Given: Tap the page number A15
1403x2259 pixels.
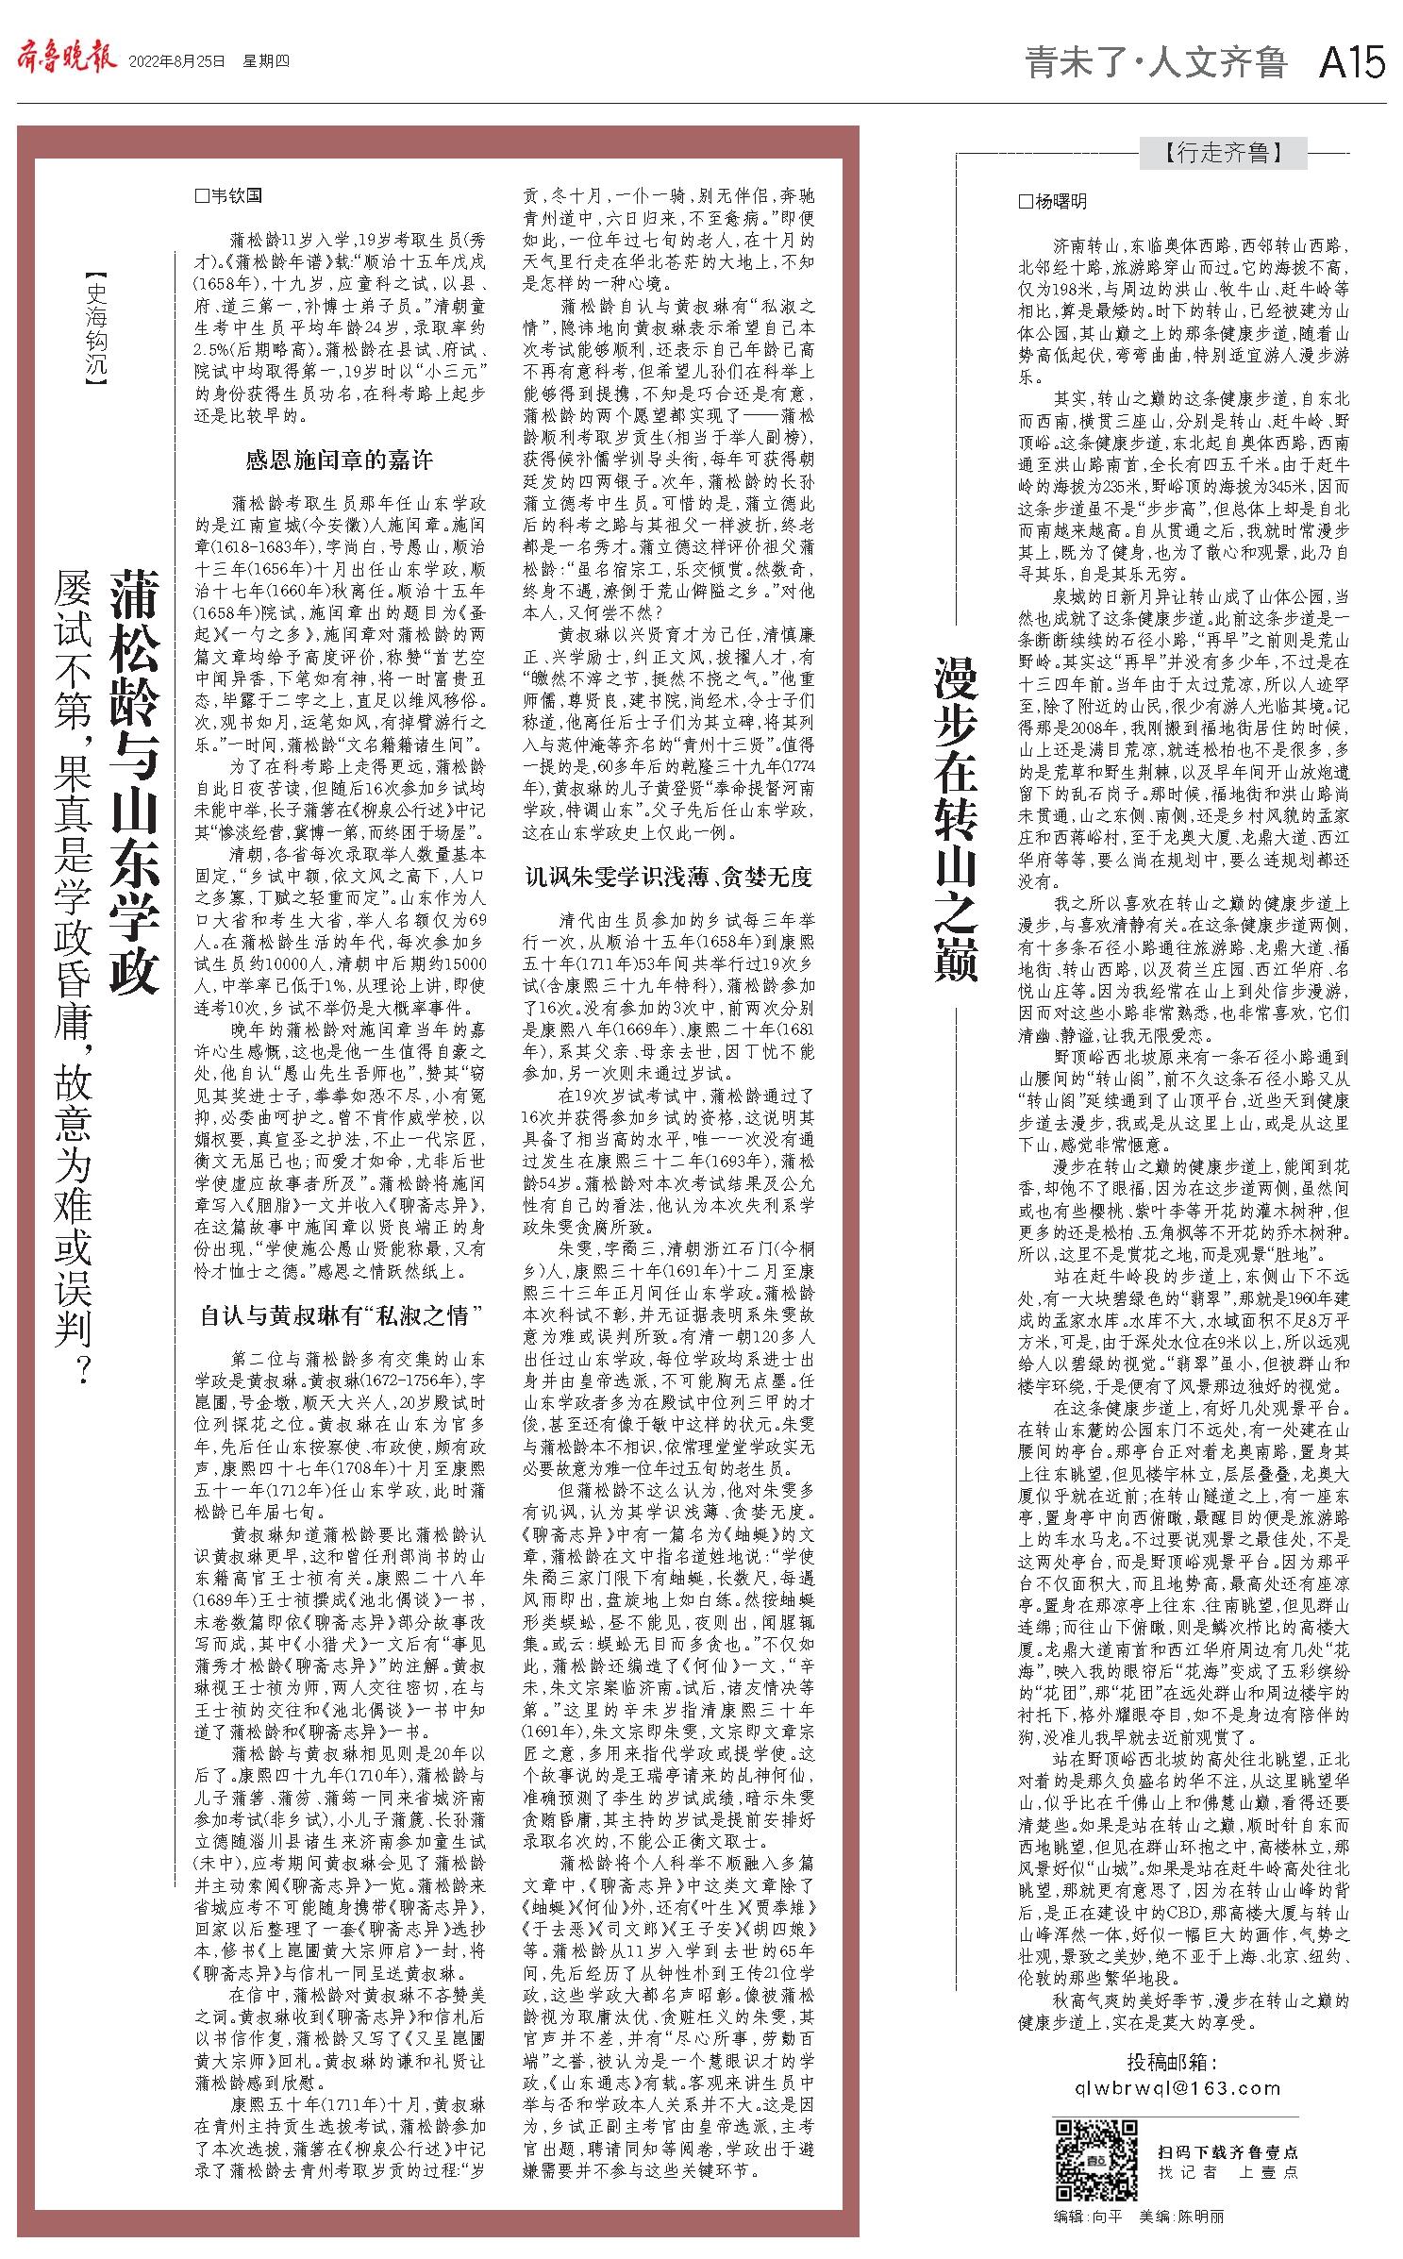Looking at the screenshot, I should click(x=1351, y=62).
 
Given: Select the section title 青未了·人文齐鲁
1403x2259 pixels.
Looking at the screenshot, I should click(x=1156, y=62).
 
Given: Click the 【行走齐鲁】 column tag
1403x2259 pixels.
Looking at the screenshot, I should click(x=1223, y=152).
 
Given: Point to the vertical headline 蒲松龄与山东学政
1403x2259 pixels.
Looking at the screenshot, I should click(x=134, y=780).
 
